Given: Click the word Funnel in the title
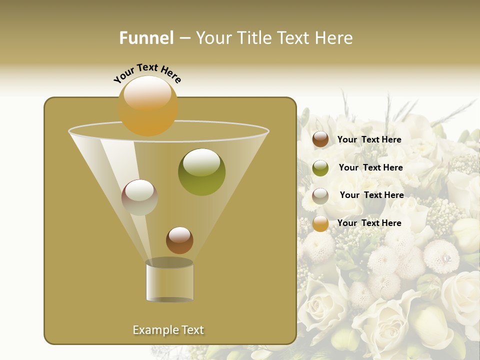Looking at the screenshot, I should tap(146, 38).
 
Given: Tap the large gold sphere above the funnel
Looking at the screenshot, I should tap(148, 105).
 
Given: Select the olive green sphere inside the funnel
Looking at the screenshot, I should tap(201, 172).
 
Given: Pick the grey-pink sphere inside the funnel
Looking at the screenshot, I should tap(139, 197).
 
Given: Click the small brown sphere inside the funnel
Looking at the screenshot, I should tap(179, 240).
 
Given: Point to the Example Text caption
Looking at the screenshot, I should tap(168, 330).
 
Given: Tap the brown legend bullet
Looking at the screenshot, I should tap(320, 139).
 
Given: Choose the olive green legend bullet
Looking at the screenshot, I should tap(320, 168).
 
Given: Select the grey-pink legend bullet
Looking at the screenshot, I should tap(320, 195).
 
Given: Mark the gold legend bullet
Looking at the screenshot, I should tap(320, 223).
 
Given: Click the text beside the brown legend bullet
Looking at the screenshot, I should tap(369, 139).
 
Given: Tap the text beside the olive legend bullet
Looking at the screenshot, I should tap(370, 167).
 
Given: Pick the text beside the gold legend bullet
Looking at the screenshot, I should tap(369, 223).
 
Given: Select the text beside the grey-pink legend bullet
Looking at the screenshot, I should tap(371, 195).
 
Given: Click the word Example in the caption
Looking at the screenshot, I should tap(155, 330).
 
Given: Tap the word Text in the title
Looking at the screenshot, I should tap(295, 38).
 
